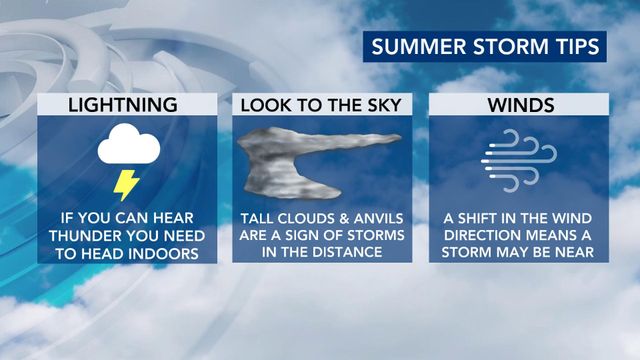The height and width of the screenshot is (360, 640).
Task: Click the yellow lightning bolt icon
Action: (126, 184)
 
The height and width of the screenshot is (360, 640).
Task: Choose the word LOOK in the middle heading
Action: (266, 104)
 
